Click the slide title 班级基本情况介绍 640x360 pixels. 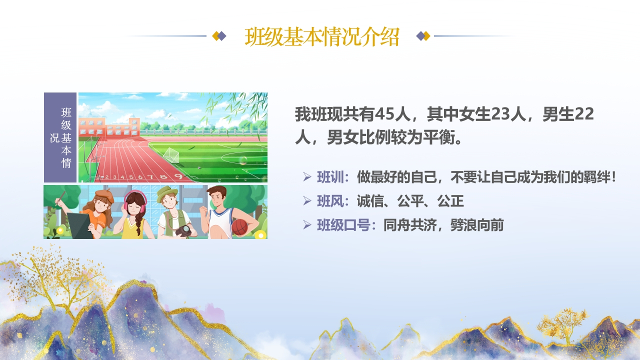click(x=321, y=37)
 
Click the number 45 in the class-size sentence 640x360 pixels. click(x=384, y=114)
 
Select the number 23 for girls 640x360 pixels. click(x=500, y=114)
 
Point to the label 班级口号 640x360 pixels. click(x=343, y=225)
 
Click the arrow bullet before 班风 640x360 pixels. click(x=307, y=201)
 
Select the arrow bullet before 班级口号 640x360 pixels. click(x=307, y=225)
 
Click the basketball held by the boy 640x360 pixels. click(x=239, y=227)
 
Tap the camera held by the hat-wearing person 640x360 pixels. click(x=183, y=230)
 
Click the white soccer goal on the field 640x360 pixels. click(x=171, y=155)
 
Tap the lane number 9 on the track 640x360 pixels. click(x=178, y=176)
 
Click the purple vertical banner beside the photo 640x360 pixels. click(x=60, y=137)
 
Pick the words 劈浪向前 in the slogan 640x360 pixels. click(x=477, y=225)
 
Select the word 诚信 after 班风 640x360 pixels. click(x=370, y=201)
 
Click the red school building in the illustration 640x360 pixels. click(x=109, y=127)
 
